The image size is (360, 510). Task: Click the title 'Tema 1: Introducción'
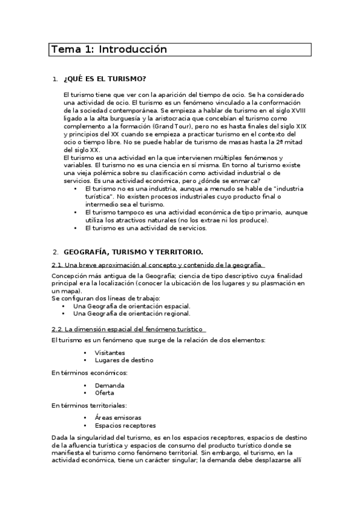[109, 49]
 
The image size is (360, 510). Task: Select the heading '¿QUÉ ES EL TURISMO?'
[105, 79]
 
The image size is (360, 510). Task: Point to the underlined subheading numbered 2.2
[128, 328]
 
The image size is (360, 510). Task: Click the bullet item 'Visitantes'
[110, 353]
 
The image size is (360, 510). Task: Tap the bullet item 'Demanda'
[109, 385]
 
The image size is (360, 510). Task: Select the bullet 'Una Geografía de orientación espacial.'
[132, 306]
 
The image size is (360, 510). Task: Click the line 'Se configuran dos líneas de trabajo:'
[106, 298]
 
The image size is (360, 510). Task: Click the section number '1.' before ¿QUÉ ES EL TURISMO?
[55, 79]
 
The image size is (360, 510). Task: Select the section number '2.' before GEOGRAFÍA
[55, 251]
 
